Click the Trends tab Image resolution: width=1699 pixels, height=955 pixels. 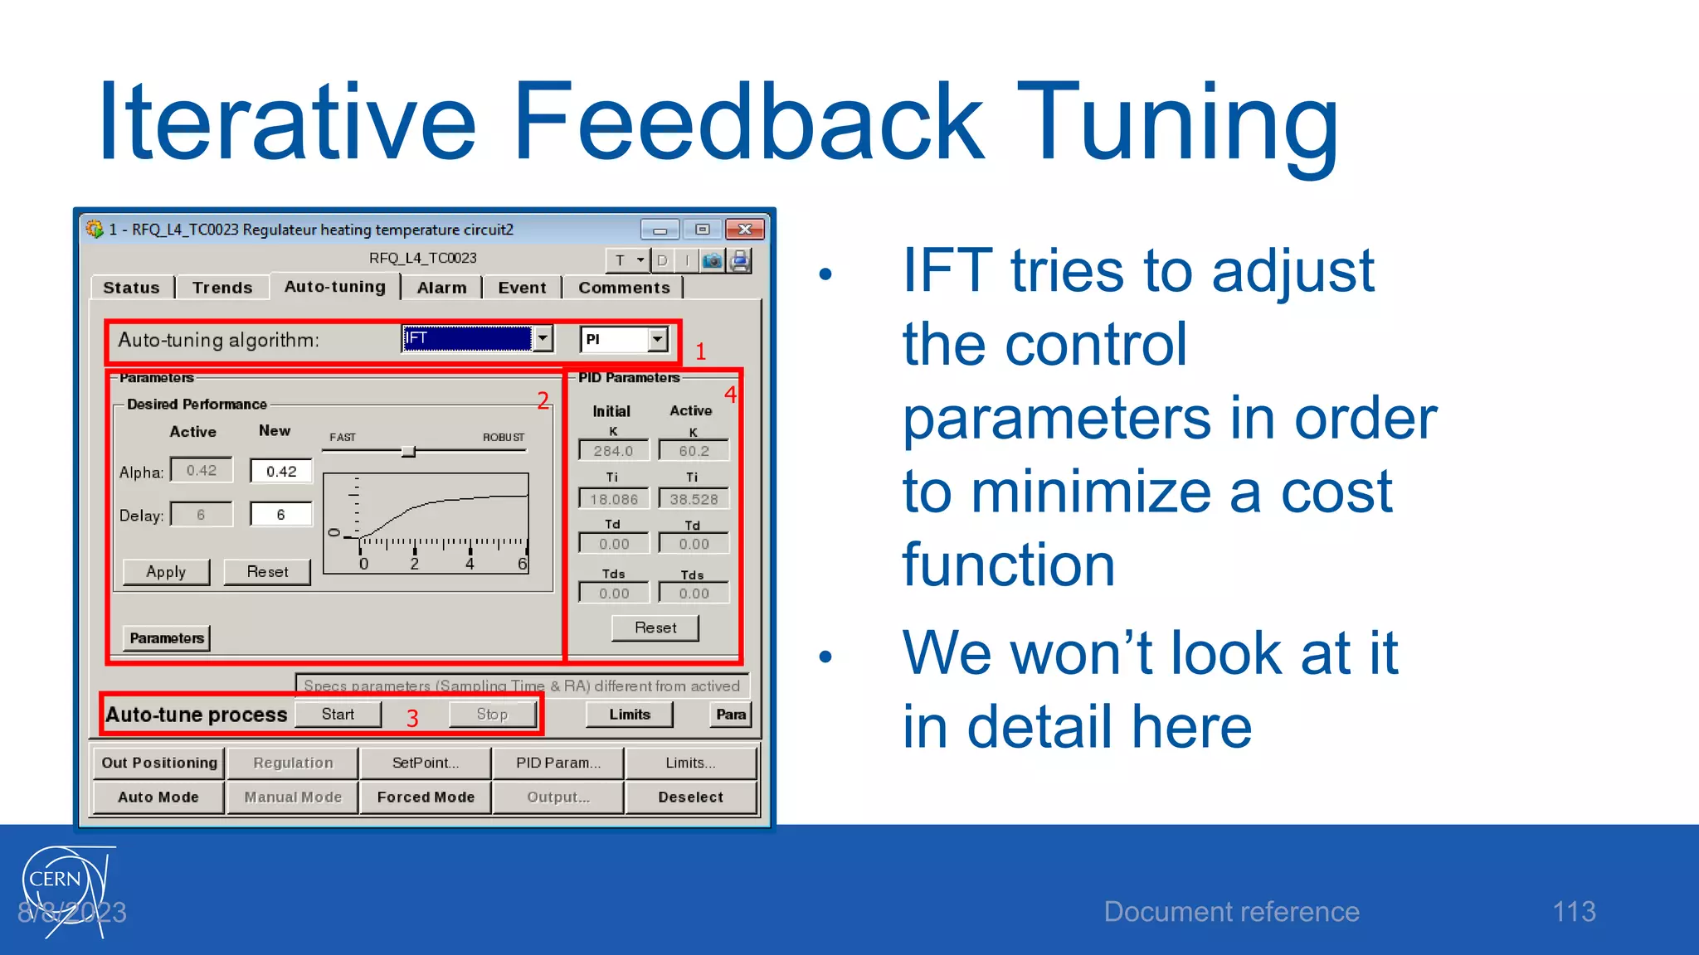pos(222,288)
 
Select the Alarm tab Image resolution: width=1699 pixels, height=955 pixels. pos(441,288)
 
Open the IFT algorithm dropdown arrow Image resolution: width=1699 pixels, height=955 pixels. pos(543,338)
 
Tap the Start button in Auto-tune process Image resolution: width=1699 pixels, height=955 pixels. pos(338,715)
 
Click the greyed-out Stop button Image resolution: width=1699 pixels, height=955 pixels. pos(492,715)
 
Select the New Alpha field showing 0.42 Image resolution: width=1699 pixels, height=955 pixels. pos(281,471)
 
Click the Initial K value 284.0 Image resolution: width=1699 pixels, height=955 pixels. pos(613,451)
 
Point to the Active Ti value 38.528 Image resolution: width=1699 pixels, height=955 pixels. pos(694,499)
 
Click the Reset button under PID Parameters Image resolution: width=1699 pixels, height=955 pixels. pos(655,628)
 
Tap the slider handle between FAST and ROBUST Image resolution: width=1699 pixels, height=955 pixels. pos(408,451)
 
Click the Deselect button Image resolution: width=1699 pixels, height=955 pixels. pos(690,797)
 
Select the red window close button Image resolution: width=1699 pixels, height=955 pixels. pos(744,230)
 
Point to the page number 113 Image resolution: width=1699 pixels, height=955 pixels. pos(1574,912)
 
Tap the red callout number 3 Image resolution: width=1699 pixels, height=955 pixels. pos(412,718)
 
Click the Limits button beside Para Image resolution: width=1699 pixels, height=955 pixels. pos(629,715)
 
